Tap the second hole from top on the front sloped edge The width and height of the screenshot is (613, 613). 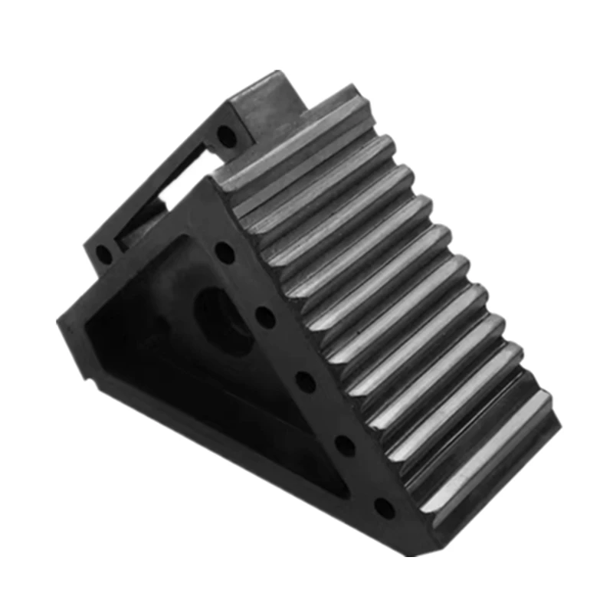(264, 313)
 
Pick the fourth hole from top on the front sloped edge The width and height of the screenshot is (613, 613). (344, 443)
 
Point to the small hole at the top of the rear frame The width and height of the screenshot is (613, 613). (225, 138)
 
